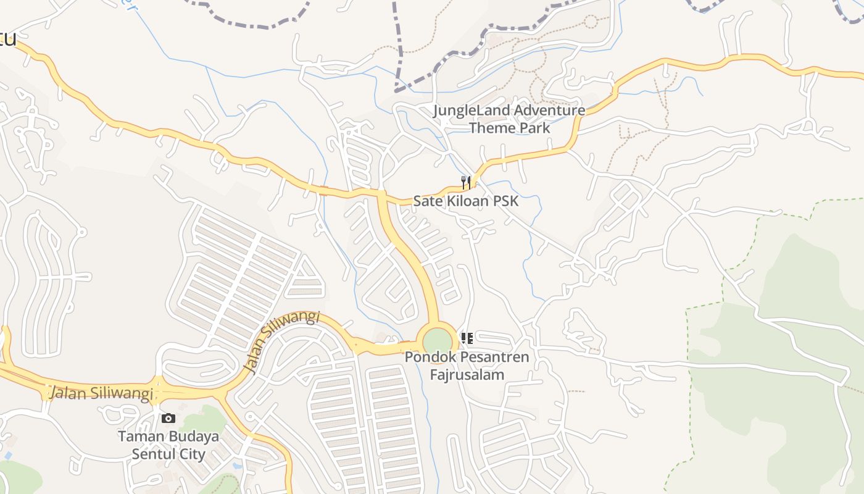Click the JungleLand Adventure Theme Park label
[x=509, y=119]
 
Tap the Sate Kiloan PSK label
[x=466, y=201]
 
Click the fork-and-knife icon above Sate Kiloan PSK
[x=466, y=182]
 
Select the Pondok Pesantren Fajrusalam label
[x=467, y=366]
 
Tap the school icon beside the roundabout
[x=467, y=338]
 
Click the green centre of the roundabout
[x=438, y=341]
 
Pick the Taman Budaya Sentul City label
[x=168, y=445]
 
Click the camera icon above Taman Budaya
[x=168, y=418]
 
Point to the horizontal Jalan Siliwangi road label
[x=101, y=393]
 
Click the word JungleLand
[x=471, y=111]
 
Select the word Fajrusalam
[x=467, y=374]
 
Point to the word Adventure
[x=549, y=111]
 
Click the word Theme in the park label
[x=489, y=128]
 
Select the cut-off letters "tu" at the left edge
[x=7, y=40]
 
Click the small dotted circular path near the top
[x=591, y=22]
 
